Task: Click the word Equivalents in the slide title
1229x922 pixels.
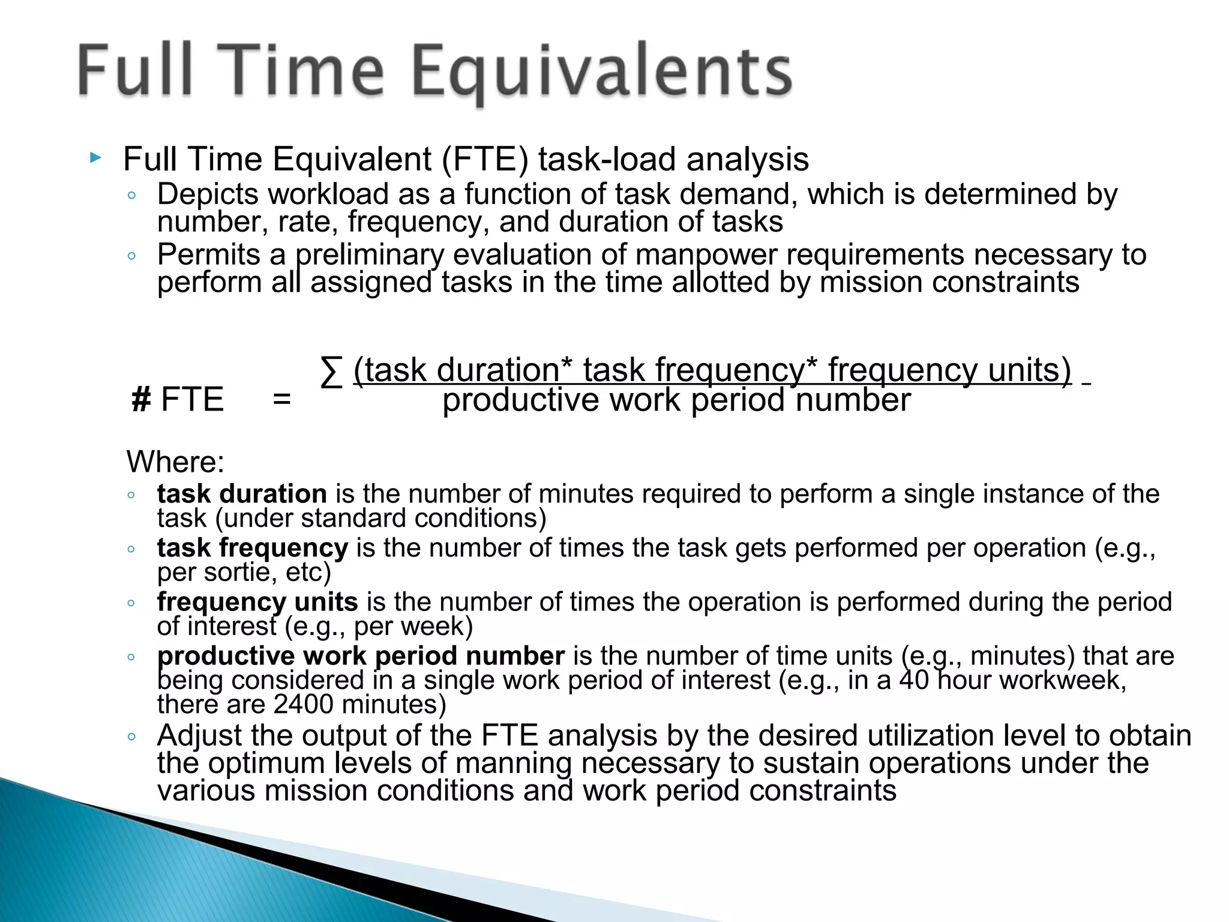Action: click(x=602, y=72)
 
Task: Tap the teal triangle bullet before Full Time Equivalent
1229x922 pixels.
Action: click(x=95, y=158)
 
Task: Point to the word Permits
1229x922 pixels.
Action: click(x=208, y=255)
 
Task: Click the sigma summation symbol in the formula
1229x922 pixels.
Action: click(x=331, y=372)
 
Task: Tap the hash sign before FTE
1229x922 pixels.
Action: click(x=141, y=400)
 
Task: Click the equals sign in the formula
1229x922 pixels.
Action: click(x=281, y=400)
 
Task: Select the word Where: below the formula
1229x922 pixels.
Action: click(x=175, y=462)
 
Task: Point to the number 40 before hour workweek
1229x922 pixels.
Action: click(x=913, y=680)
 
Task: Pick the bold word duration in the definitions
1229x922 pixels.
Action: click(x=273, y=494)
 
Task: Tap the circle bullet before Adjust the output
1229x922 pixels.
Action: click(x=131, y=737)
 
